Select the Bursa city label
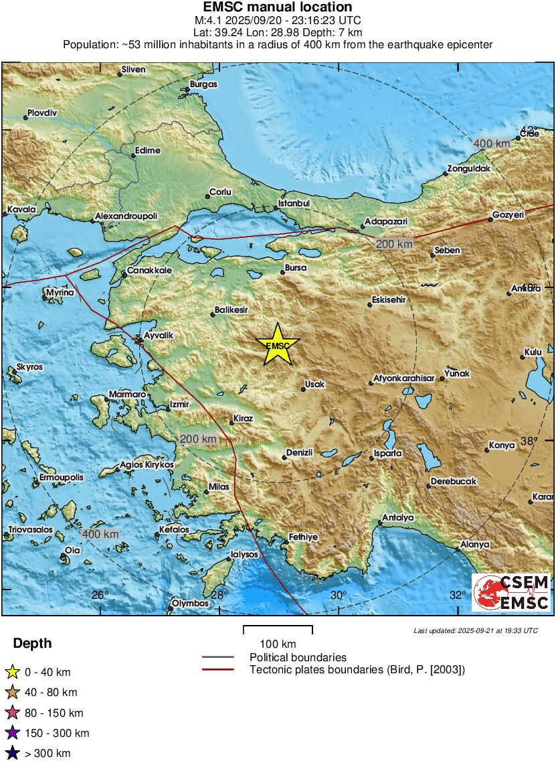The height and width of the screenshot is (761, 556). coord(295,268)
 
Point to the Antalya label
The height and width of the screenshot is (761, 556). coord(398,518)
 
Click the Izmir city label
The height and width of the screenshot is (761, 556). coord(180,405)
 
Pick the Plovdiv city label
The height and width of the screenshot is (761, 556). coord(43,113)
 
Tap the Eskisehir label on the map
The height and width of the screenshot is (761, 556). coord(389,300)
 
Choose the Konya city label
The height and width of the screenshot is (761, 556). coord(502,445)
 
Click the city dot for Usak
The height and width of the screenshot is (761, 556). coord(303,389)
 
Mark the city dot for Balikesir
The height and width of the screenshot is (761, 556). coord(212,315)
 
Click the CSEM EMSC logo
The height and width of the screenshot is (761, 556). coord(511,592)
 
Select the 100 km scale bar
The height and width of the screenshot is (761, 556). coord(278,630)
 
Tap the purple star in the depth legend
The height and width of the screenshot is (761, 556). coord(12,733)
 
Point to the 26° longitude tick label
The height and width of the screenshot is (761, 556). coord(100,596)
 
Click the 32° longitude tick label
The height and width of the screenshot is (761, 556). coord(458,596)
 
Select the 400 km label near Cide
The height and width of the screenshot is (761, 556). coord(492,143)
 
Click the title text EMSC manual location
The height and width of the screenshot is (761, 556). coord(278,7)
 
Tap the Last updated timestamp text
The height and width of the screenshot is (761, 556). coord(475,630)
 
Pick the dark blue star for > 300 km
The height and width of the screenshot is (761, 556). coord(12,753)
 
